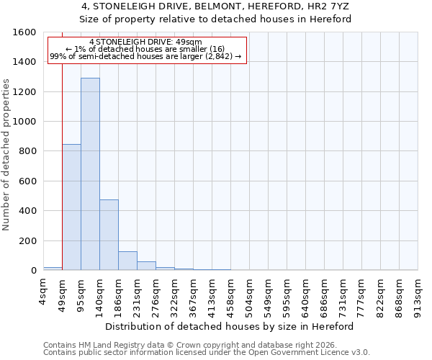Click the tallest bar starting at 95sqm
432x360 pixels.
(x=90, y=174)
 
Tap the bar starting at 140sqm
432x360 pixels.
(x=109, y=235)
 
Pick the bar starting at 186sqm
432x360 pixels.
(x=127, y=261)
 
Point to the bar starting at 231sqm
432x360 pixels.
(x=146, y=266)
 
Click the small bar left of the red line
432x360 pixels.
(x=53, y=269)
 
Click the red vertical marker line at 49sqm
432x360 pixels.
(x=63, y=158)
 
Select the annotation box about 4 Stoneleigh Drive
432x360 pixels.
(x=147, y=50)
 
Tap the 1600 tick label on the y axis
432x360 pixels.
(x=24, y=32)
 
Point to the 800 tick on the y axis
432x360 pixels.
(x=27, y=151)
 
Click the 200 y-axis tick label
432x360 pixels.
(x=27, y=240)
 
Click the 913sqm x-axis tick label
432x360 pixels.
(x=418, y=293)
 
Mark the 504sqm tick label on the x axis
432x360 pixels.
(x=249, y=293)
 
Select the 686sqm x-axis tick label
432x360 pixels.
(x=324, y=293)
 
